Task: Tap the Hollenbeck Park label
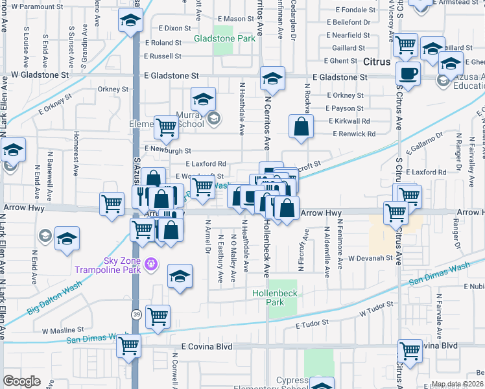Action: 275,298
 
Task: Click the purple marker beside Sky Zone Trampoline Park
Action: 151,263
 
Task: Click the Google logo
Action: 22,381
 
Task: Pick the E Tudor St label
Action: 313,322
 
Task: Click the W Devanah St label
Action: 370,258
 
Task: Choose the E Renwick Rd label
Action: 353,134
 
